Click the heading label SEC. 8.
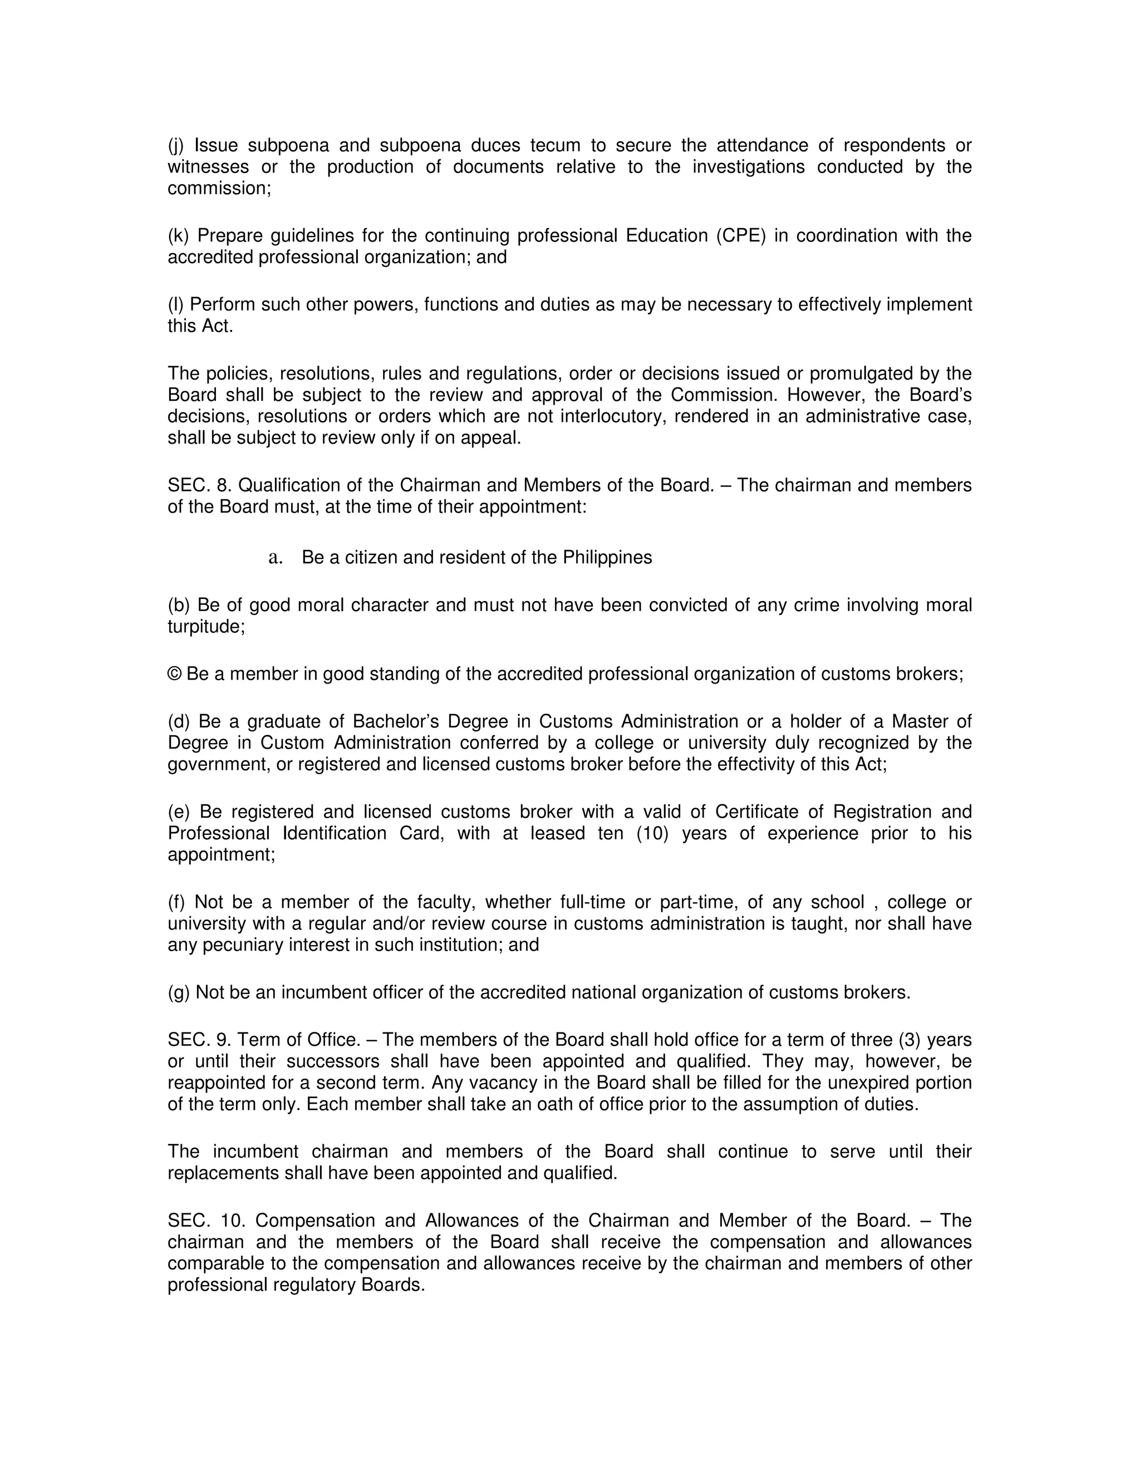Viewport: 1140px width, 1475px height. pyautogui.click(x=199, y=485)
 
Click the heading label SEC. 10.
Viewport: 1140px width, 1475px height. pyautogui.click(x=206, y=1221)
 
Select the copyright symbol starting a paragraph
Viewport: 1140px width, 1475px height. pyautogui.click(x=174, y=674)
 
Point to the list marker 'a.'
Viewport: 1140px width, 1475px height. pyautogui.click(x=275, y=557)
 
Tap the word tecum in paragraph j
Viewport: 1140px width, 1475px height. pyautogui.click(x=554, y=145)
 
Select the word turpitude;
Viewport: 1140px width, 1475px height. pyautogui.click(x=206, y=627)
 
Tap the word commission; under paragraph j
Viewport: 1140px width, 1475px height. pyautogui.click(x=219, y=189)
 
